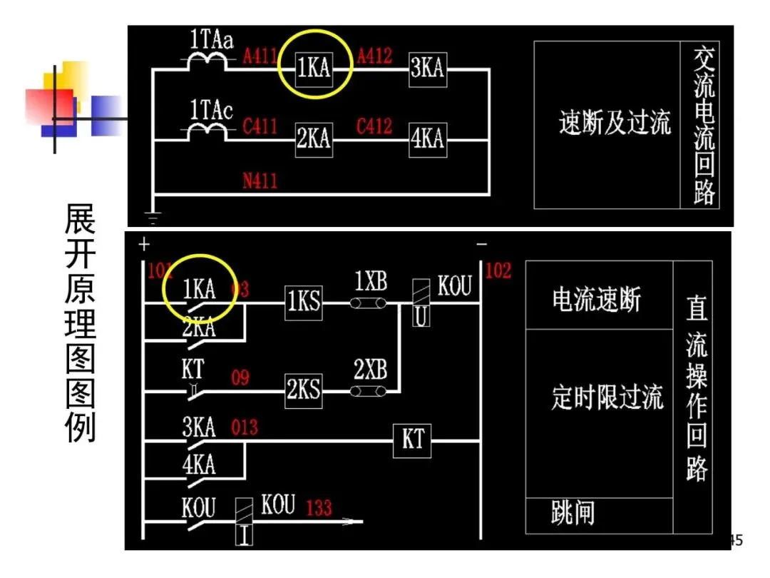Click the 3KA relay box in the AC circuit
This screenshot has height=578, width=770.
[427, 69]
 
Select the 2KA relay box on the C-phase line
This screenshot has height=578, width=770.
[314, 138]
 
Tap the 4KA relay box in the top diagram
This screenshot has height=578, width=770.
[427, 138]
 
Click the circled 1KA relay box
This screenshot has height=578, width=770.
[314, 69]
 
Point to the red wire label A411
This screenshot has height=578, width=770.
[260, 56]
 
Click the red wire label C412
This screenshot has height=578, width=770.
[374, 126]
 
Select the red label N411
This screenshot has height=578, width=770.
[260, 181]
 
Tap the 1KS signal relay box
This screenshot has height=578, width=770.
[303, 303]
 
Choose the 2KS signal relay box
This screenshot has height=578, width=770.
[303, 390]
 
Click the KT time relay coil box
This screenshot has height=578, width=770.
[413, 440]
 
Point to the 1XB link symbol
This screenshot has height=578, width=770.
[368, 303]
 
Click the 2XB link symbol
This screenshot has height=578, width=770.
[368, 390]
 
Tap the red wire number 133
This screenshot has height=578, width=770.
[319, 508]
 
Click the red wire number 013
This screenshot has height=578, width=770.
[245, 428]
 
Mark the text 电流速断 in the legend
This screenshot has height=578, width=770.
[597, 300]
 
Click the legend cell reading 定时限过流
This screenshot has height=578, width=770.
[607, 397]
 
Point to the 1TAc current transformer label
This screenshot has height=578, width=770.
[211, 111]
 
